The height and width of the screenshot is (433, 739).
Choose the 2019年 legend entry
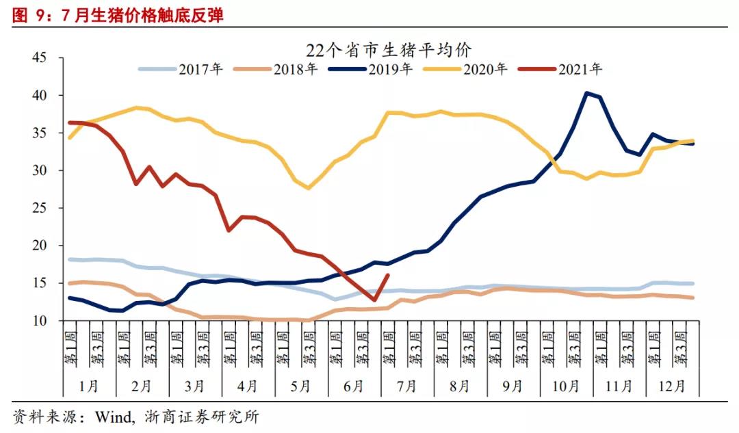click(390, 69)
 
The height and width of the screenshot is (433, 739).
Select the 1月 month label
click(89, 386)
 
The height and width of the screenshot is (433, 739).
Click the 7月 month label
click(406, 386)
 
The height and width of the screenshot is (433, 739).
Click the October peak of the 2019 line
click(587, 93)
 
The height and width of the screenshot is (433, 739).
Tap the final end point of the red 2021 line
click(388, 275)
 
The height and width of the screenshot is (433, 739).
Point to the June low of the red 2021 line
click(374, 300)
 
